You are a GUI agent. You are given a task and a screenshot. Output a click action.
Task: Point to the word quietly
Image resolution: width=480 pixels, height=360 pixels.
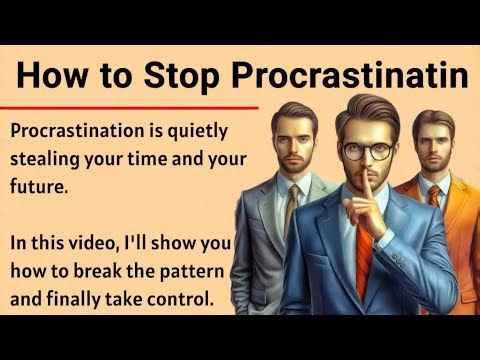click(x=195, y=131)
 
